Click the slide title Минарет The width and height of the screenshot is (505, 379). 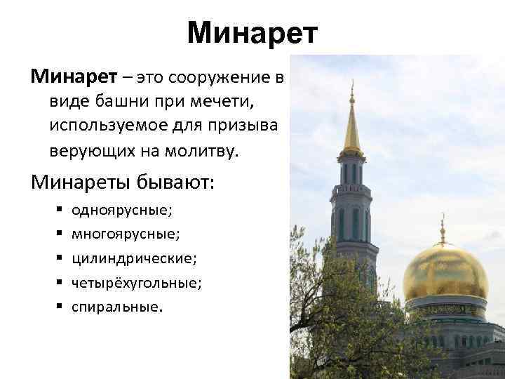pyautogui.click(x=252, y=32)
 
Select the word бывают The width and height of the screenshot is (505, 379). pyautogui.click(x=182, y=182)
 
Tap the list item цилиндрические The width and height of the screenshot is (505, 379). pyautogui.click(x=134, y=258)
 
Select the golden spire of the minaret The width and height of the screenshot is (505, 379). pyautogui.click(x=351, y=126)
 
